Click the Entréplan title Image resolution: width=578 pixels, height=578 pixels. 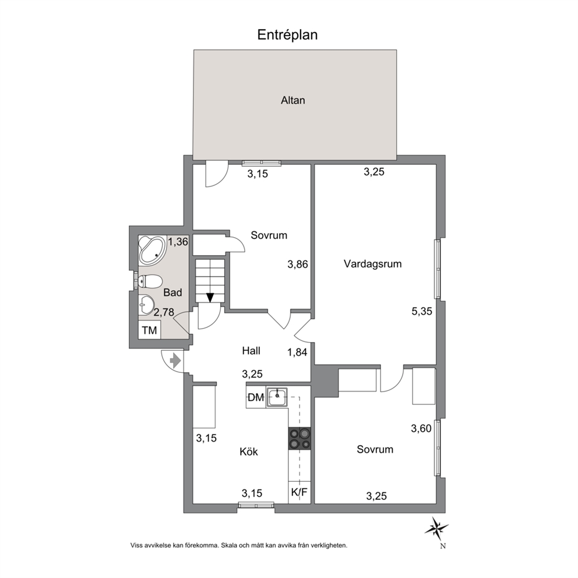click(x=287, y=35)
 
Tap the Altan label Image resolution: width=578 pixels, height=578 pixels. click(x=293, y=100)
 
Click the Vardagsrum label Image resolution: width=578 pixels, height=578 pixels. click(x=373, y=264)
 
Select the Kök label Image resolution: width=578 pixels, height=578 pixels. click(x=249, y=452)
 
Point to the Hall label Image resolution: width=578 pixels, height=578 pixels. click(x=251, y=351)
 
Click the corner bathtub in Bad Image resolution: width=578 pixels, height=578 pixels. click(x=152, y=250)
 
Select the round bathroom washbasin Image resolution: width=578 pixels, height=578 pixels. click(x=147, y=305)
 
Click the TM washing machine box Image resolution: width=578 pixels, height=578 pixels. click(x=150, y=330)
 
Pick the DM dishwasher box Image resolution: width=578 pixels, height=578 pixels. click(x=256, y=397)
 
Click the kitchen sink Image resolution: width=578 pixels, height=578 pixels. click(x=277, y=397)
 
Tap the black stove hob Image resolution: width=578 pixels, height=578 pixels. click(x=299, y=439)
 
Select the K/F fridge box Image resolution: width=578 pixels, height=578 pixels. click(x=299, y=492)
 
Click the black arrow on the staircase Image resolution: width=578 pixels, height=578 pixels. click(x=210, y=298)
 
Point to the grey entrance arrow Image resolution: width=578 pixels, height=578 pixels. click(x=175, y=360)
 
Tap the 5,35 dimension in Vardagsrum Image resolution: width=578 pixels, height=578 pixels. click(x=422, y=312)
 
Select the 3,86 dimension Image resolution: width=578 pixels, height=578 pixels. click(x=298, y=265)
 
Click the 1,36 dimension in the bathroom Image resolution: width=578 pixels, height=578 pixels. click(x=178, y=242)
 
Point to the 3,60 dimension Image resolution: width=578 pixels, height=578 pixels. click(x=421, y=428)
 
